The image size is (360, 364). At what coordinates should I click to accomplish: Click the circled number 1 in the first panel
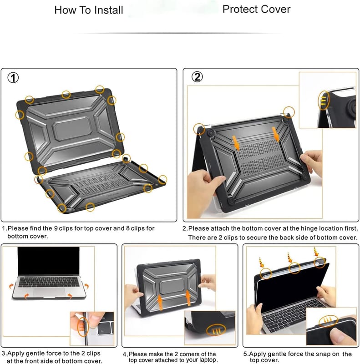13,78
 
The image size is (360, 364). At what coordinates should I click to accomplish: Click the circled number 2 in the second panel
197,77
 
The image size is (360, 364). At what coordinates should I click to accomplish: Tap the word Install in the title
109,10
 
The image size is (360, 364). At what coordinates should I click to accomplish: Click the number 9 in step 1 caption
56,228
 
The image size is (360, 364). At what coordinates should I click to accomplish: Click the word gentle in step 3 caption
36,354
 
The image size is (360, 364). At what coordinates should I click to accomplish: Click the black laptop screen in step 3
49,261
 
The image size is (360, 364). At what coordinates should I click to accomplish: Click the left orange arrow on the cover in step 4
160,302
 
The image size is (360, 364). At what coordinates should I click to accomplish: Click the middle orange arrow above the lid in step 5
290,258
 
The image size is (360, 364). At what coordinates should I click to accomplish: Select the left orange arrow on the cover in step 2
236,143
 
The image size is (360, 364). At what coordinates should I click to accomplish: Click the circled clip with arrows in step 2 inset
324,100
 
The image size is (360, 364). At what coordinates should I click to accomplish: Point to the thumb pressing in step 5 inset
340,336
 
